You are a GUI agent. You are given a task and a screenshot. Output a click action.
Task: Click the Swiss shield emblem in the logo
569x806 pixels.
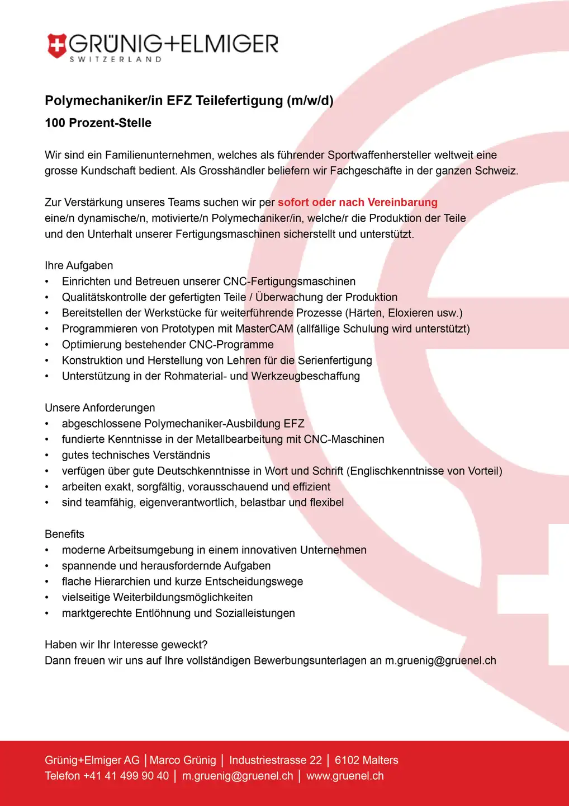click(56, 46)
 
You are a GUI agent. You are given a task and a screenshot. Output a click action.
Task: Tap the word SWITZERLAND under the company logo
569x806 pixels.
click(116, 59)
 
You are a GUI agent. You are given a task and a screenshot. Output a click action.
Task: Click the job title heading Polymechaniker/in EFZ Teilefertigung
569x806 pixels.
click(189, 101)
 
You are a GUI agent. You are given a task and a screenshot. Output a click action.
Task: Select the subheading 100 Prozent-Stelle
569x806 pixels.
click(98, 123)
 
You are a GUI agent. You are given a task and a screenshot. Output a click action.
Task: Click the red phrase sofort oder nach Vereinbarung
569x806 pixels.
click(357, 202)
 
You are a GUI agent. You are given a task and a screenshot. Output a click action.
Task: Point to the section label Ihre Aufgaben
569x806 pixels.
click(79, 265)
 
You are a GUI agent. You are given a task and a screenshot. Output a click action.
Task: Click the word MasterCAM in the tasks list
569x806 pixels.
click(264, 329)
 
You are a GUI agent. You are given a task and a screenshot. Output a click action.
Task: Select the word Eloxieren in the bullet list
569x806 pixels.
click(414, 313)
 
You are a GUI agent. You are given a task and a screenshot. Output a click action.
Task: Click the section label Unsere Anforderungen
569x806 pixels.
click(100, 407)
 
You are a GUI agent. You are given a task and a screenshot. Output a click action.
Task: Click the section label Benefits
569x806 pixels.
click(64, 534)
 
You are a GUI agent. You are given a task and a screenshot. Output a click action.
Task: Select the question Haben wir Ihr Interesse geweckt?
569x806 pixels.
click(126, 645)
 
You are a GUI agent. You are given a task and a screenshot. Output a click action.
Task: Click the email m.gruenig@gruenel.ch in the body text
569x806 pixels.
click(440, 660)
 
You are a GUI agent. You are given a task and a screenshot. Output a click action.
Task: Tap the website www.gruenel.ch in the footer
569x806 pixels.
click(345, 776)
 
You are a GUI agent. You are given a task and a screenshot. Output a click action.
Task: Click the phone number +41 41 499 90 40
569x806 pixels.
click(126, 776)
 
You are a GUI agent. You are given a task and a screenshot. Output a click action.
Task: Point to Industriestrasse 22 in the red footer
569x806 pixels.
click(276, 760)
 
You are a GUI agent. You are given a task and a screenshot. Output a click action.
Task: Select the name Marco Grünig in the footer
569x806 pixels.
click(183, 760)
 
